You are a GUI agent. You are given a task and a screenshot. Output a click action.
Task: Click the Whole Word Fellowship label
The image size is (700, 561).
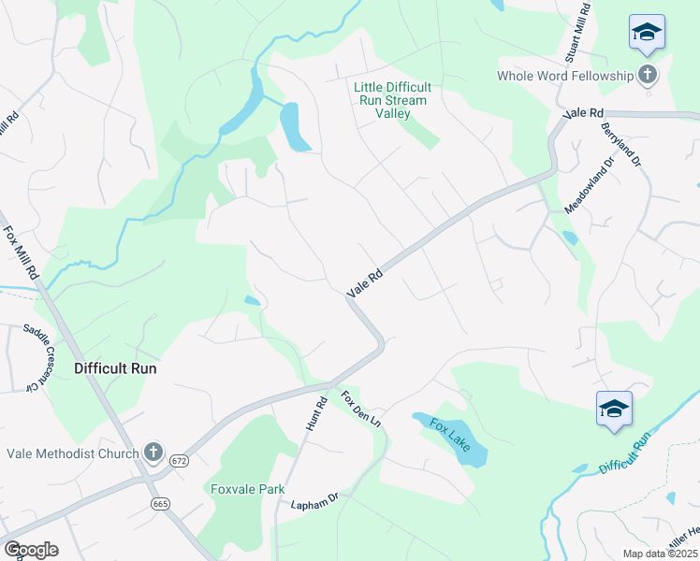tap(564, 75)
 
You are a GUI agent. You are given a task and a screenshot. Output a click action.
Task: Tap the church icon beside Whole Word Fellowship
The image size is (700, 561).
tap(648, 75)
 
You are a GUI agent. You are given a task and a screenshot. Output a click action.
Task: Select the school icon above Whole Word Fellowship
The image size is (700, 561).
tap(647, 33)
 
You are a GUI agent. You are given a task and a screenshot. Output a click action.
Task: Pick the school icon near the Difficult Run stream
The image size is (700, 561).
tap(614, 409)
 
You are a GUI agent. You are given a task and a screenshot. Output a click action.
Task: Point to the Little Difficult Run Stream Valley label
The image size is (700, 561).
tap(390, 100)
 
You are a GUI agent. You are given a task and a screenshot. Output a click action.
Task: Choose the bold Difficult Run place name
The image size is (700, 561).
tap(115, 368)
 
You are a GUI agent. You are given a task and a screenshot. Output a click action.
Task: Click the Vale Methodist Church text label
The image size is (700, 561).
tap(73, 453)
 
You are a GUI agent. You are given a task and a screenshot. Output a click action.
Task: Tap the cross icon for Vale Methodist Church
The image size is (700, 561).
tap(154, 453)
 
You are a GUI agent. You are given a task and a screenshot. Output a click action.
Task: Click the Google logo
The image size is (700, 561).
tap(31, 549)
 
